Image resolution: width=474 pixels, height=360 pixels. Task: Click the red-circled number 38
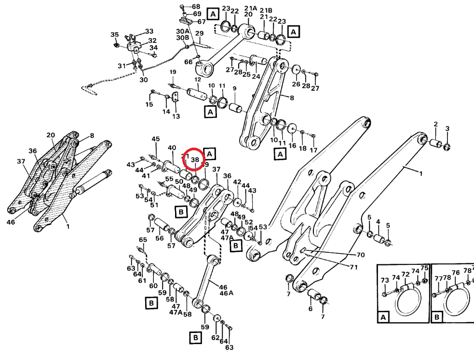(195, 159)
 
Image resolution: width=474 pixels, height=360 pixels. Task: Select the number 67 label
(201, 22)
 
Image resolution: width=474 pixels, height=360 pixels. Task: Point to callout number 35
(114, 35)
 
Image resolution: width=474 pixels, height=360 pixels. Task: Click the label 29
(199, 33)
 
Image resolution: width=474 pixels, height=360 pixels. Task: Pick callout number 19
(173, 72)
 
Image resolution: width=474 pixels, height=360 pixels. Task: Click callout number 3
(447, 128)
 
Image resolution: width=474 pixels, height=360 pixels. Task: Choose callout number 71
(353, 267)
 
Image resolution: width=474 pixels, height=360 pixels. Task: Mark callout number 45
(155, 139)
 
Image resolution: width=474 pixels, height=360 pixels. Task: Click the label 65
(143, 240)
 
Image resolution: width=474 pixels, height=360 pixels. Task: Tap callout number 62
(216, 337)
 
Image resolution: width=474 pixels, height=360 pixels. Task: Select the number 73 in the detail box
(384, 280)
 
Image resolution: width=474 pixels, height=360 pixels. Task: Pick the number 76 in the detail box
(455, 273)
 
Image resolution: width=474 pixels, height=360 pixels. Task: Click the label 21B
(266, 10)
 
